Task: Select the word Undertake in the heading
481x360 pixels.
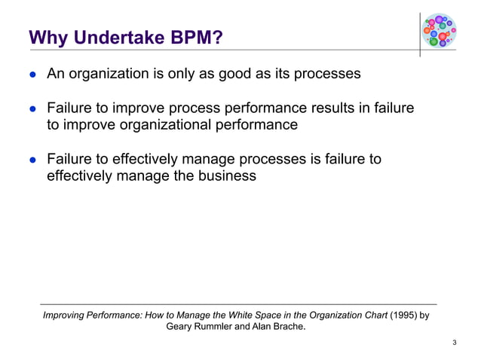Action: point(121,37)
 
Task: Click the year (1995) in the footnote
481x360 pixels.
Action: point(403,316)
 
